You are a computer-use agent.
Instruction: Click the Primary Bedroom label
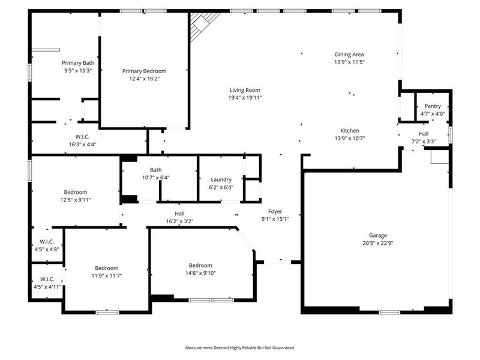point(144,71)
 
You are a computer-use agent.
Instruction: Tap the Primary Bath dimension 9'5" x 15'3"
point(77,70)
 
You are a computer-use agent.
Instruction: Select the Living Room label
point(244,90)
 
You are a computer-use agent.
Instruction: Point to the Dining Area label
point(349,54)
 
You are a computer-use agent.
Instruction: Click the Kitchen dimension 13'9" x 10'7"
point(349,138)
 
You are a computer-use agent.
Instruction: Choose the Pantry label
point(433,106)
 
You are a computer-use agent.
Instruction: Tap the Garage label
point(378,235)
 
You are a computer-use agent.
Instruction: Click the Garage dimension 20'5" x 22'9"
point(378,243)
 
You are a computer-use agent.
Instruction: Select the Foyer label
point(275,211)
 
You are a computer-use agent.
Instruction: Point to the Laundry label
point(221,179)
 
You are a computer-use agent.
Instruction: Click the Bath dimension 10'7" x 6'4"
point(156,177)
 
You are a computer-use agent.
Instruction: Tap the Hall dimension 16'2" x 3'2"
point(179,221)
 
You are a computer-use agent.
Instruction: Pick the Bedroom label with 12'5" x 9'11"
point(76,192)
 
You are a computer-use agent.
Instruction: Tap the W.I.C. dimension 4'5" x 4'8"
point(47,249)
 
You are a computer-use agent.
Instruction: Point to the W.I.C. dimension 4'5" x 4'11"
point(47,286)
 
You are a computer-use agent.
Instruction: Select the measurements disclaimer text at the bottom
point(240,347)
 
